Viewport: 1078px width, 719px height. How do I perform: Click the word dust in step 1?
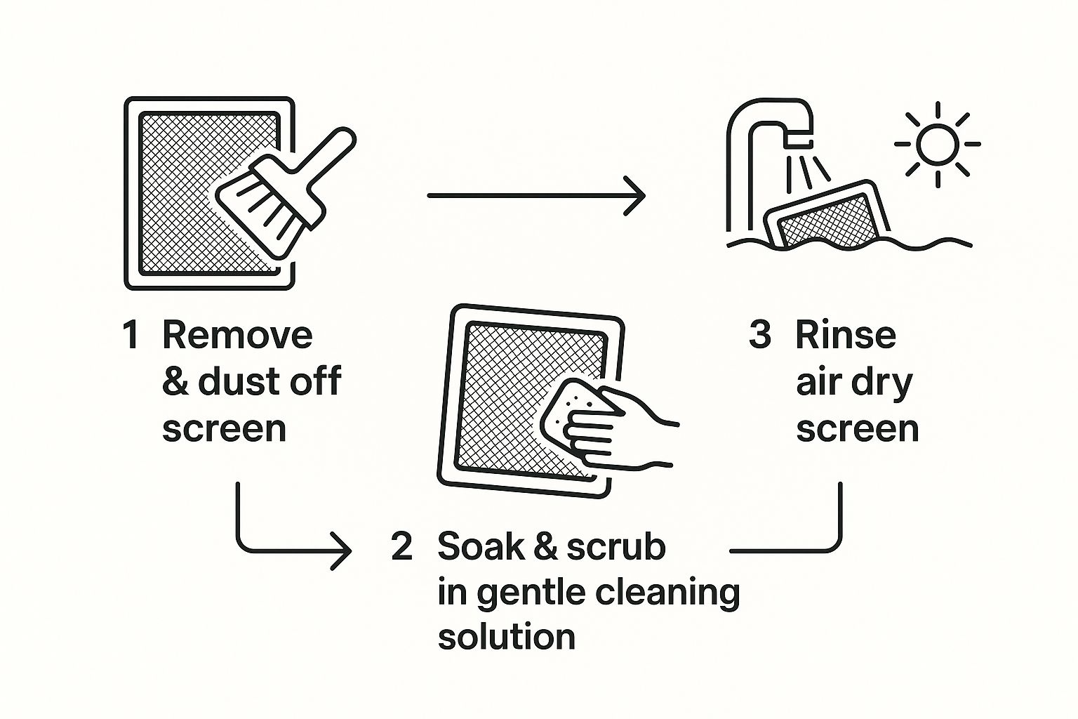point(234,381)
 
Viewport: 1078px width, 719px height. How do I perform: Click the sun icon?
point(938,145)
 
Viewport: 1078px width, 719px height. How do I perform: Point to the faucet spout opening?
point(799,143)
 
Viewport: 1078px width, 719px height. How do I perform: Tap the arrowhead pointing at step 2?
point(342,550)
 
